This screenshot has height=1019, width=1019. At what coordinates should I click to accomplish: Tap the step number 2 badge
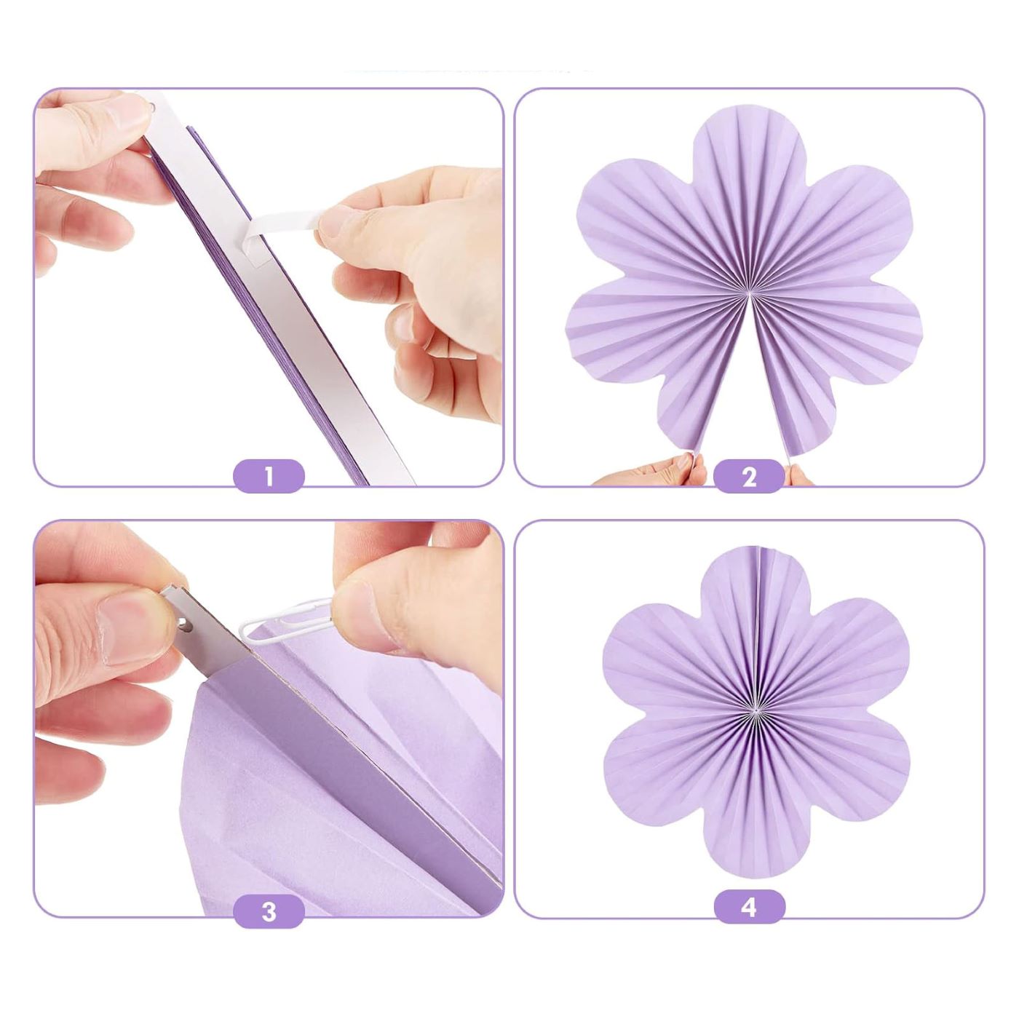point(749,477)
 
